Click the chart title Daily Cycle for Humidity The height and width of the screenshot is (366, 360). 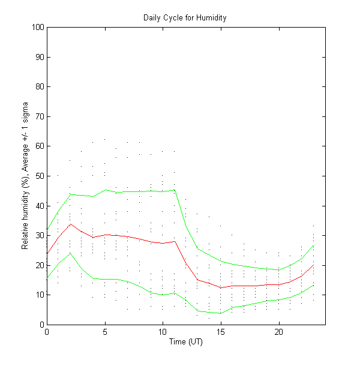point(185,17)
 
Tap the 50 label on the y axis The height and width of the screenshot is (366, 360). point(39,176)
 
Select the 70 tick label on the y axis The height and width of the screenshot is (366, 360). point(39,116)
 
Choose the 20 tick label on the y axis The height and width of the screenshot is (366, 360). point(39,265)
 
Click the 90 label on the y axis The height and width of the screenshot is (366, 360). point(39,57)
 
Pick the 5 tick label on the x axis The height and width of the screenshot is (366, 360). point(105,331)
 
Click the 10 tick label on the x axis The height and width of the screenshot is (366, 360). point(163,331)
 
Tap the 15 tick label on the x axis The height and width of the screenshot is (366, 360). point(221,331)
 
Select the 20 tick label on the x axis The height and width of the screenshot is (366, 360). point(279,331)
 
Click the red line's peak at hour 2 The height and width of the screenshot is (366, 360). point(70,224)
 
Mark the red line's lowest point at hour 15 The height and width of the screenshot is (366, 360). point(221,287)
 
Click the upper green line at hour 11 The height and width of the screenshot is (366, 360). point(175,190)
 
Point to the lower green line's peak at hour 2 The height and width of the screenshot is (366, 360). point(70,253)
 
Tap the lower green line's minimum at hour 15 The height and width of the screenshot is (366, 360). point(221,313)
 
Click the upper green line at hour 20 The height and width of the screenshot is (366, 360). point(279,269)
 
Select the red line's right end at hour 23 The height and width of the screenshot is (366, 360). point(314,265)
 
